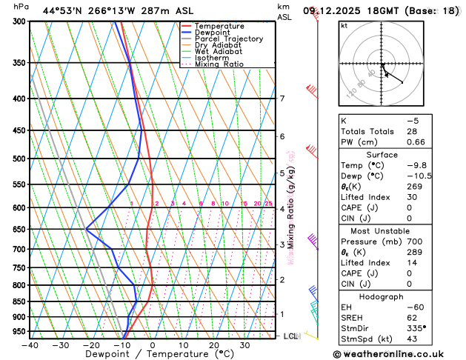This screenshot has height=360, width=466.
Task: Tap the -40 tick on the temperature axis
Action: pyautogui.click(x=30, y=345)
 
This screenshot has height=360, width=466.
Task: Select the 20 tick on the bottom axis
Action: pyautogui.click(x=213, y=345)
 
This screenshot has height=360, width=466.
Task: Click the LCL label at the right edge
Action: pyautogui.click(x=290, y=336)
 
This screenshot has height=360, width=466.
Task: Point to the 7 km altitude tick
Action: pyautogui.click(x=282, y=99)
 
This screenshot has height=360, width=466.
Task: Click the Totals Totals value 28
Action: pyautogui.click(x=413, y=130)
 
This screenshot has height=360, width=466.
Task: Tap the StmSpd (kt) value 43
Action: pyautogui.click(x=413, y=339)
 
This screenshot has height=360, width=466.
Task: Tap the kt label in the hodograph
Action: pyautogui.click(x=344, y=26)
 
